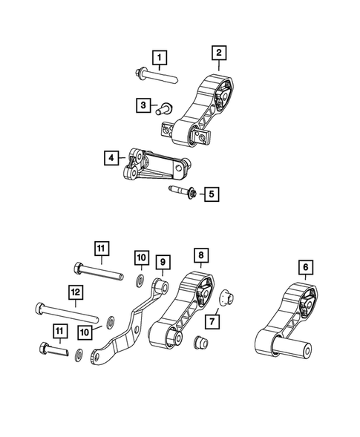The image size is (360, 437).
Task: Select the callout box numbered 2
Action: point(220,53)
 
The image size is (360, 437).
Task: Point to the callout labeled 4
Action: point(111,157)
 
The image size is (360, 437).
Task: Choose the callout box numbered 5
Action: point(212,194)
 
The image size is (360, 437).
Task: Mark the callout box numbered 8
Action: point(200,256)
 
